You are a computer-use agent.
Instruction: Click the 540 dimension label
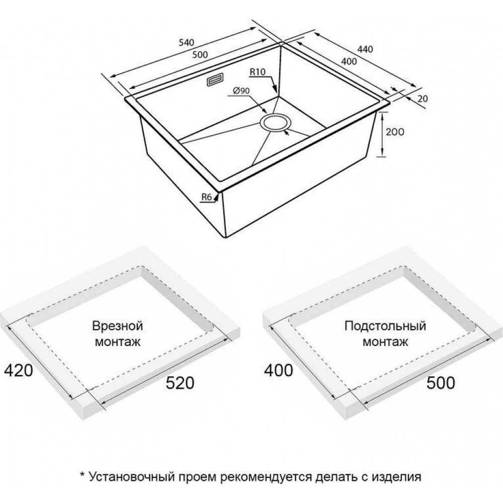pos(187,42)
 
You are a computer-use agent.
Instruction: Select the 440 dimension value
pos(365,49)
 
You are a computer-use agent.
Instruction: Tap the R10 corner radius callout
pos(258,72)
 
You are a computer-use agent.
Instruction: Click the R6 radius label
pos(207,197)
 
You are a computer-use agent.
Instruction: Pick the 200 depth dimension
pos(395,132)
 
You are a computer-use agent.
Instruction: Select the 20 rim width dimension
pos(423,99)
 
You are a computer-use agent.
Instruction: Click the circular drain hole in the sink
pos(275,122)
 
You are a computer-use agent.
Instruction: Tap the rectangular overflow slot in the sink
pos(215,79)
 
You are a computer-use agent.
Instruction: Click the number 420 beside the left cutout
pos(18,371)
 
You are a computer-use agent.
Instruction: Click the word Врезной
pos(117,326)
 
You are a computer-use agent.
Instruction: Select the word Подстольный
pos(385,326)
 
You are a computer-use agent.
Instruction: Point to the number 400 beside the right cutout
pos(279,371)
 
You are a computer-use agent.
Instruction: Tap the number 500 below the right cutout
pos(441,383)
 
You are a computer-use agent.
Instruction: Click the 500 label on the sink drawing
pos(200,54)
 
